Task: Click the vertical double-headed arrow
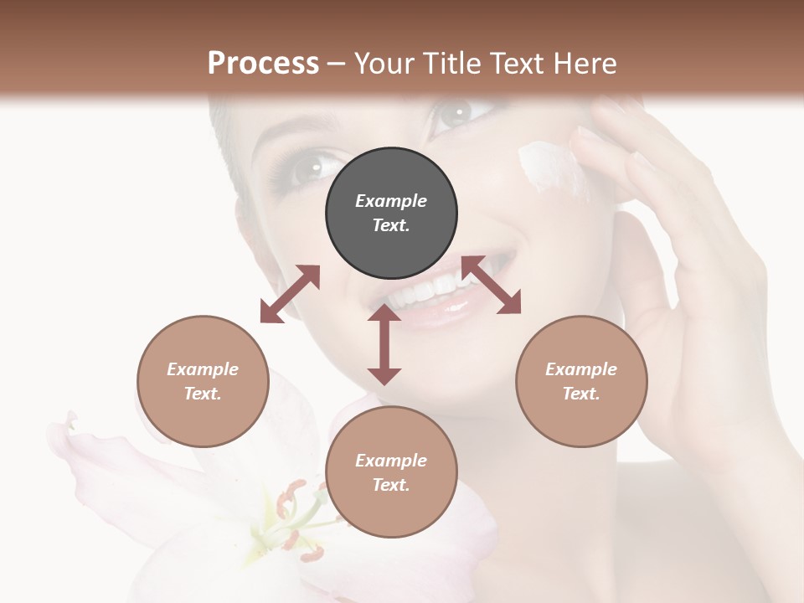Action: coord(384,345)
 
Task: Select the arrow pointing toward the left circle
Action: coord(290,294)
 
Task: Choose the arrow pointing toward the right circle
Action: coord(492,286)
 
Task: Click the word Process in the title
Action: coord(263,64)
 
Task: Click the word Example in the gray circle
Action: coord(391,201)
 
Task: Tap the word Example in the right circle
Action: coord(581,369)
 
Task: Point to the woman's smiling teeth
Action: coord(435,289)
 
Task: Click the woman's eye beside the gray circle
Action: coord(310,167)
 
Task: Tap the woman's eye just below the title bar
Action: coord(456,114)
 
